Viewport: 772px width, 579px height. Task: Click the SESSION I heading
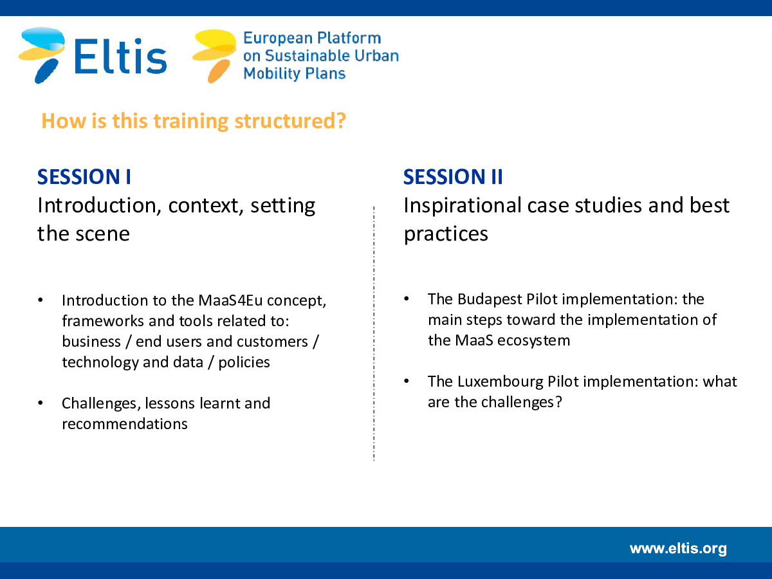(84, 176)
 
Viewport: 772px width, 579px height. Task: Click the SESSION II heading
(453, 176)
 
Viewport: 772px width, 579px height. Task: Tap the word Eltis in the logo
(120, 56)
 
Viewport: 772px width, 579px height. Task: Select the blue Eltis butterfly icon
(42, 55)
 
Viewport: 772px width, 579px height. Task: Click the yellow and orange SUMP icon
(214, 55)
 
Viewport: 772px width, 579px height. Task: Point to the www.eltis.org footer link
(678, 548)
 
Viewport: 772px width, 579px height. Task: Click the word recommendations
(125, 423)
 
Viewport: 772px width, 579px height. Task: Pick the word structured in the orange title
(290, 121)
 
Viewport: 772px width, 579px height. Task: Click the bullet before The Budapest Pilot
(407, 299)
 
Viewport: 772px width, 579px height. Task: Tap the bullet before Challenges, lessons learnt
(41, 403)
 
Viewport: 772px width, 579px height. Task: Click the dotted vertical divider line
(374, 334)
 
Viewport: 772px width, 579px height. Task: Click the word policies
(244, 362)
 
